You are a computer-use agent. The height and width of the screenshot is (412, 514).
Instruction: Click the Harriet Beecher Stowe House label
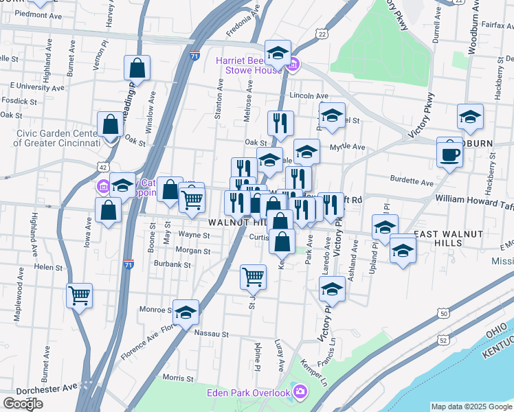(248, 65)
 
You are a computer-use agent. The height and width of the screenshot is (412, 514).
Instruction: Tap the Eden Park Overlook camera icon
(300, 392)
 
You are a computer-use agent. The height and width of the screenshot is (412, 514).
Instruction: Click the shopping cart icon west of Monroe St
(80, 296)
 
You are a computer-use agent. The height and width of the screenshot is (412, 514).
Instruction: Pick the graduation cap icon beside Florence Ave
(185, 313)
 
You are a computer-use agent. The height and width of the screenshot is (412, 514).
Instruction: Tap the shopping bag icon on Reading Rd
(137, 69)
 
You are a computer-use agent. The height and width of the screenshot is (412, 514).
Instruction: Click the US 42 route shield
(102, 167)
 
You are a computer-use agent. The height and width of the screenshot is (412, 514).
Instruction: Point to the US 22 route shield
(322, 33)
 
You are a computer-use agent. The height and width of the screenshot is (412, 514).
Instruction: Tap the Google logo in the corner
(23, 404)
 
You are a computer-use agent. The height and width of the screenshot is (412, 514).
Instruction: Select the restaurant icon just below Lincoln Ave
(280, 124)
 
